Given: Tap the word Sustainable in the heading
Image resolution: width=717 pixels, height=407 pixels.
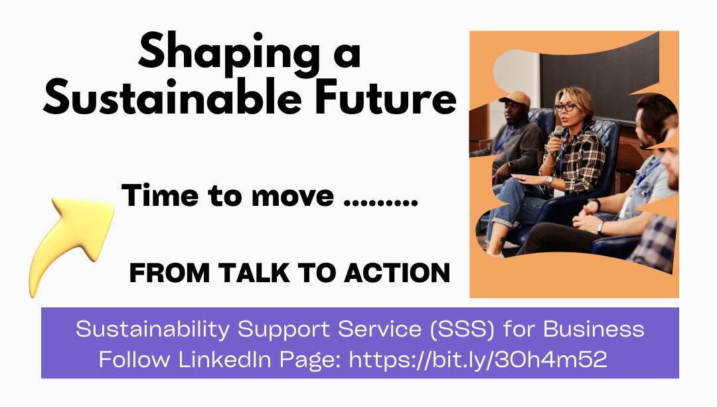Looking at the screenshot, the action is click(x=173, y=97).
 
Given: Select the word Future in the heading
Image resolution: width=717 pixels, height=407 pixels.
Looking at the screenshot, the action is click(x=386, y=97).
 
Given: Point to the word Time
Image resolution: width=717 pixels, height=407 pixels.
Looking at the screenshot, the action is click(x=160, y=195).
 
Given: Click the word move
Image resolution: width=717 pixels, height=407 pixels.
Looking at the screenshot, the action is click(x=293, y=197).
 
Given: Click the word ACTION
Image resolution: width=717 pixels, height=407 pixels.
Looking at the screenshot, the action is click(x=398, y=273).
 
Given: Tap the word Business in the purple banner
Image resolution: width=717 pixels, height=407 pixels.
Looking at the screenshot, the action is click(x=594, y=329).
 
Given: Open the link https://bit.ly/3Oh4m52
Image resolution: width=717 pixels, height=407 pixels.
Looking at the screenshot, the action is click(x=478, y=359).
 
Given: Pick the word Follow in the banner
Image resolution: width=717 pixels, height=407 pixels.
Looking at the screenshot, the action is click(x=134, y=359).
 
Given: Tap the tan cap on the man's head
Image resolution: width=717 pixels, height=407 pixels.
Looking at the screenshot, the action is click(x=516, y=98).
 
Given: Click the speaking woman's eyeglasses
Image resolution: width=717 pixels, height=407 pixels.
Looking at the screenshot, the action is click(x=566, y=108).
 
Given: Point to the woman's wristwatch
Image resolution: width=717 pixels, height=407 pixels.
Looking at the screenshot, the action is click(x=549, y=181).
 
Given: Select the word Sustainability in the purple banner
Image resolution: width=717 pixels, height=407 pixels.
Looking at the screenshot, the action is click(x=152, y=330).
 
